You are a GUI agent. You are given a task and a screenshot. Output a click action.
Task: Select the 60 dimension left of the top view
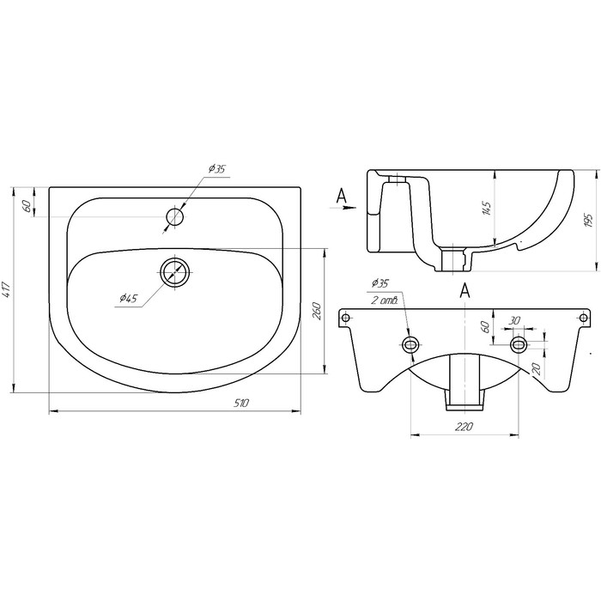click(27, 205)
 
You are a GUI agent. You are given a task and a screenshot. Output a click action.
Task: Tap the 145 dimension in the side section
click(486, 209)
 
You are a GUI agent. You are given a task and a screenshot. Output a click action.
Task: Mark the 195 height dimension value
click(588, 220)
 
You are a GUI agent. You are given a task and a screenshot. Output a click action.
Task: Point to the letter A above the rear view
click(464, 290)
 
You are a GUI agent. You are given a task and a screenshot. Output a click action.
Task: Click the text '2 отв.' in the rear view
click(380, 300)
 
